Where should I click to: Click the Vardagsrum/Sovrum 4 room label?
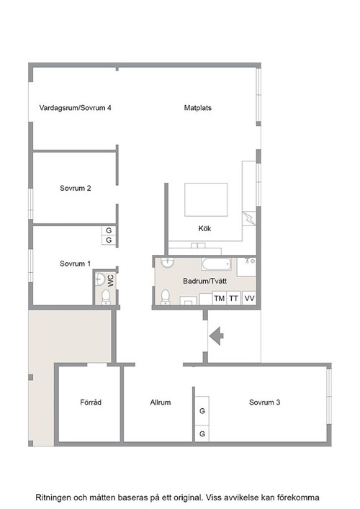click(x=75, y=108)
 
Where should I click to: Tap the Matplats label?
click(x=198, y=108)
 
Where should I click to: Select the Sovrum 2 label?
click(x=76, y=188)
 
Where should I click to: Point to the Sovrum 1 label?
click(x=76, y=263)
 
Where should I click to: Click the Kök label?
click(x=204, y=228)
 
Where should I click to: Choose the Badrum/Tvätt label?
click(x=204, y=281)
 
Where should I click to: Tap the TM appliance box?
click(x=220, y=298)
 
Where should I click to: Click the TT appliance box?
click(x=234, y=298)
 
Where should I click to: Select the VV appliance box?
click(x=249, y=298)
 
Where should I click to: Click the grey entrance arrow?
click(x=216, y=336)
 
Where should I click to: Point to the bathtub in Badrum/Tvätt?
click(x=217, y=264)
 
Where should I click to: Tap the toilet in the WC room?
click(x=106, y=297)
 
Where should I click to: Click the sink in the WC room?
click(x=100, y=279)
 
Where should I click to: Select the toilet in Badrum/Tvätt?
click(x=166, y=297)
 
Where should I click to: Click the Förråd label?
click(x=91, y=402)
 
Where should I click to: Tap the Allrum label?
click(x=161, y=402)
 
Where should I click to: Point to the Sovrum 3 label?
click(x=264, y=402)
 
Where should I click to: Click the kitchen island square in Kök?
click(x=206, y=199)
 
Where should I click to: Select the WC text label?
click(x=111, y=281)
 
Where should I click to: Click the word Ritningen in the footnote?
click(x=53, y=497)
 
